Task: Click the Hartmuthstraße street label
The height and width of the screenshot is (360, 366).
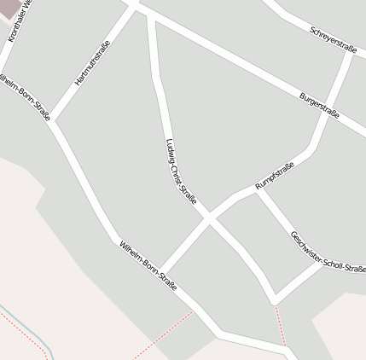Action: pos(92,64)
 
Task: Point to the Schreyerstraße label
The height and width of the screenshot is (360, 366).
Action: pos(333,40)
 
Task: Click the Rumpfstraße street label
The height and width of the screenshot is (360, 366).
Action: pos(275,176)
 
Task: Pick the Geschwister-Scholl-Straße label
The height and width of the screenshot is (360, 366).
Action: pos(328,253)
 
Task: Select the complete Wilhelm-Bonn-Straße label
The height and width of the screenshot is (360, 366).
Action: pos(148,265)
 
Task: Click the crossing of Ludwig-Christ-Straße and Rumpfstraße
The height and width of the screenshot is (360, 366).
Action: pos(207,219)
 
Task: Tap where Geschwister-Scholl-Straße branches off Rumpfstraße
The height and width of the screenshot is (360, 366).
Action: pos(259,189)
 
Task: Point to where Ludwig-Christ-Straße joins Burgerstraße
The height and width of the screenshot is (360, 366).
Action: pos(151,14)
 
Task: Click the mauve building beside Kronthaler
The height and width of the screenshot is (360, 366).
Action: pos(9,9)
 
